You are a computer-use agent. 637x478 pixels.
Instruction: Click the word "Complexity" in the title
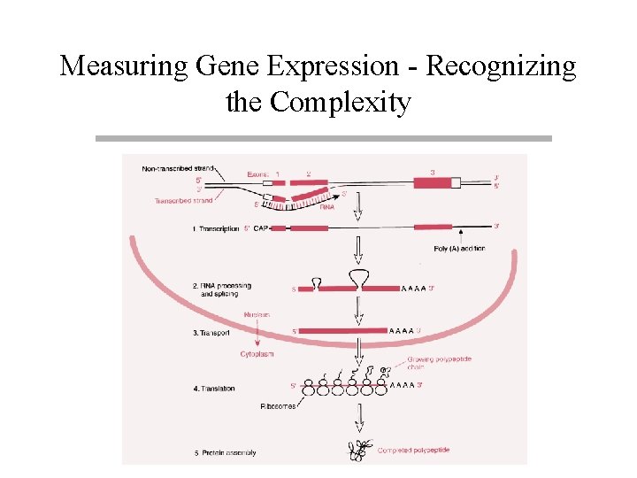point(340,103)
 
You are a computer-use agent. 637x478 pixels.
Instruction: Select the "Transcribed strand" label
point(183,201)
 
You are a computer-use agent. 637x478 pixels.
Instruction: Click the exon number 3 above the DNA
point(432,173)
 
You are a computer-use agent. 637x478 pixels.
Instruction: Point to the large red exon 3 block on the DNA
point(431,183)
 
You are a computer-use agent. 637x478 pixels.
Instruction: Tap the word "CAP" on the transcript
point(261,228)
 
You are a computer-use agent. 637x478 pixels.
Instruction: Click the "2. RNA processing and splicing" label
point(221,289)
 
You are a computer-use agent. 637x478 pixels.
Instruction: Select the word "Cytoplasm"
point(257,354)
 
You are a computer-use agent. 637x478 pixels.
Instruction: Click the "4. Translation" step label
point(213,388)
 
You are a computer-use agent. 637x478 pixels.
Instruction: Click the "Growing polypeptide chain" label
point(433,365)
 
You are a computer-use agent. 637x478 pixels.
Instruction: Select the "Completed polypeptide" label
point(413,451)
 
